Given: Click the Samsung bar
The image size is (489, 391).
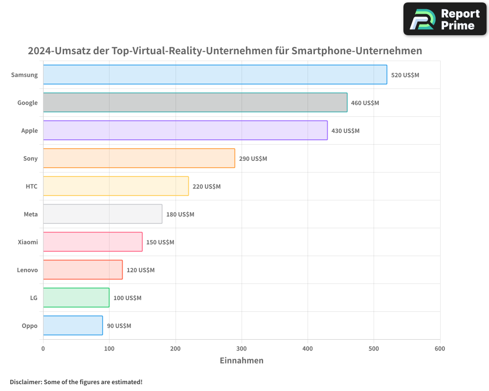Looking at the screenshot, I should click(x=215, y=75).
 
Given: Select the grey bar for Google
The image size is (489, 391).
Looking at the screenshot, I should click(x=195, y=103).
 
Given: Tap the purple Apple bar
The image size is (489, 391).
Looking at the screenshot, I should click(x=185, y=130).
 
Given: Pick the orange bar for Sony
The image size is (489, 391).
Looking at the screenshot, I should click(x=139, y=158).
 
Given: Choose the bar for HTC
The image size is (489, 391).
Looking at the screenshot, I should click(x=116, y=186).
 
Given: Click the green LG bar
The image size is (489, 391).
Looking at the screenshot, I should click(x=76, y=298).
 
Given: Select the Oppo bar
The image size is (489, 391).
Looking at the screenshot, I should click(x=73, y=326).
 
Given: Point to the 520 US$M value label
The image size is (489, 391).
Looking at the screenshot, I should click(x=405, y=75).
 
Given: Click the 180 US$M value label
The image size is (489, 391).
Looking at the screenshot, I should click(x=180, y=215).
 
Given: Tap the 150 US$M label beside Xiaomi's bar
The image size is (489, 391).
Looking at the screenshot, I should click(x=160, y=242).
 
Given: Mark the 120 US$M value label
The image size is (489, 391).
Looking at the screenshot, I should click(x=140, y=270).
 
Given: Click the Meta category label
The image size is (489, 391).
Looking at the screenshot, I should click(x=30, y=215).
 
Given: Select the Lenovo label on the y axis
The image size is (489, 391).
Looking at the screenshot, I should click(x=27, y=270).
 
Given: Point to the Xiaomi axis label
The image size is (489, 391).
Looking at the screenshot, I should click(x=27, y=242).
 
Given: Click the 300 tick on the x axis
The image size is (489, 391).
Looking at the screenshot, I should click(x=241, y=348).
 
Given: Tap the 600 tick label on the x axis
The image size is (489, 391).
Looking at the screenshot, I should click(x=440, y=348).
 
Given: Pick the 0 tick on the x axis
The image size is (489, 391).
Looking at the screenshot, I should click(x=43, y=348).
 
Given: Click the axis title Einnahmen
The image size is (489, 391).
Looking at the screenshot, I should click(x=242, y=361).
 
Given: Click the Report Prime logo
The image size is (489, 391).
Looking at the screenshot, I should click(x=445, y=19).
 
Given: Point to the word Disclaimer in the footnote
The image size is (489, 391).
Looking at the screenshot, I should click(x=25, y=382).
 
